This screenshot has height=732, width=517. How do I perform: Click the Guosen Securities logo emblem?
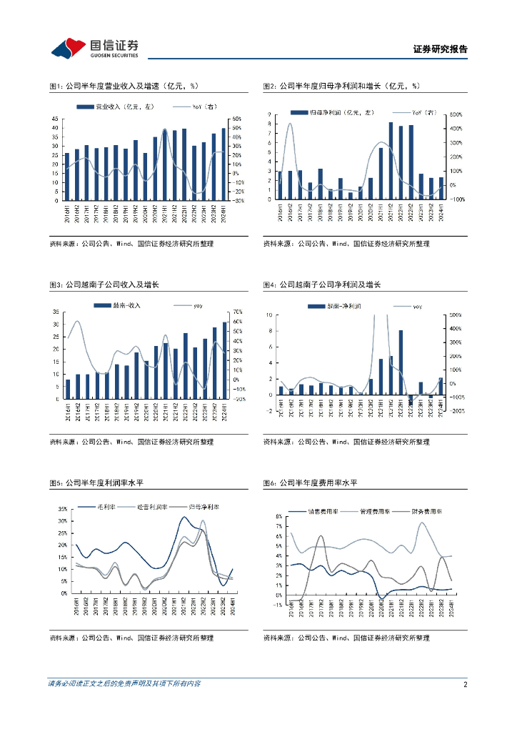(69, 48)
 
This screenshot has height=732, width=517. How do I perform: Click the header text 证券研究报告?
(441, 49)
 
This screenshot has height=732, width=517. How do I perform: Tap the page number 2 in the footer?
(465, 684)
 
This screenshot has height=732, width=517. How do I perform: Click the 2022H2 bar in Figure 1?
(194, 173)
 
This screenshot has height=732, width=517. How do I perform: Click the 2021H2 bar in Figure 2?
(391, 162)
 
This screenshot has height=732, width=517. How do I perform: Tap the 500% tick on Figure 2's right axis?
(456, 114)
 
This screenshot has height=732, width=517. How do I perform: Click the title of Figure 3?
(104, 285)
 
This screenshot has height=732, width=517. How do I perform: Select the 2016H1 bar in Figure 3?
(68, 389)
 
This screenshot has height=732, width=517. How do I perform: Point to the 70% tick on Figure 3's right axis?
(238, 312)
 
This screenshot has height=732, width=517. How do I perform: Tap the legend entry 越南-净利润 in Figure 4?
(336, 305)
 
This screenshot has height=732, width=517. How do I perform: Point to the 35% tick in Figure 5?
(62, 509)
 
